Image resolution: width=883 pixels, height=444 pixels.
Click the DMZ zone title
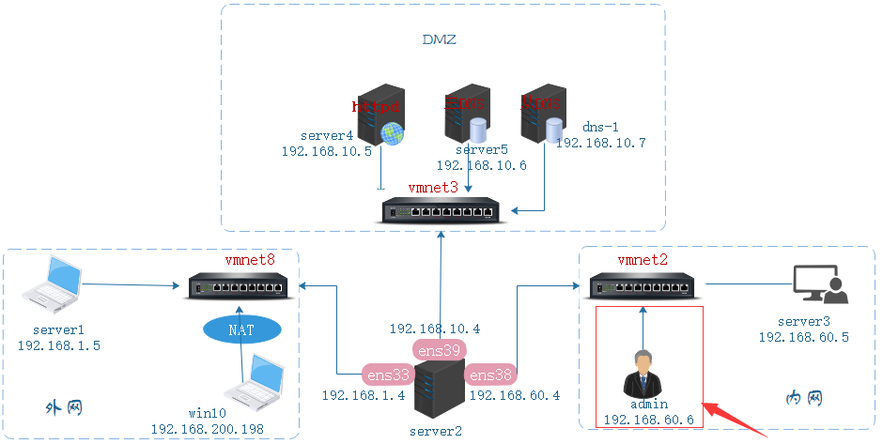439,40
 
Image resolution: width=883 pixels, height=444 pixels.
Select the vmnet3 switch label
433,188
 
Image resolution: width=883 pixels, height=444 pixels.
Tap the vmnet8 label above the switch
250,259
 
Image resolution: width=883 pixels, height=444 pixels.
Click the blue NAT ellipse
240,329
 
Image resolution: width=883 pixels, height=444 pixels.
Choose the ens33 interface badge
387,375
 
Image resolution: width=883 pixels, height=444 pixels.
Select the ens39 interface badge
438,350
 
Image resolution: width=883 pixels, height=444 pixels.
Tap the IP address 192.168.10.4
435,329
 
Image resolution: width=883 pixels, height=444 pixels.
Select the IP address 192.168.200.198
208,430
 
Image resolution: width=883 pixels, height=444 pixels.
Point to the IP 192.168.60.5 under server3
804,337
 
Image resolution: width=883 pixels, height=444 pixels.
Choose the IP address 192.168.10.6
481,165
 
